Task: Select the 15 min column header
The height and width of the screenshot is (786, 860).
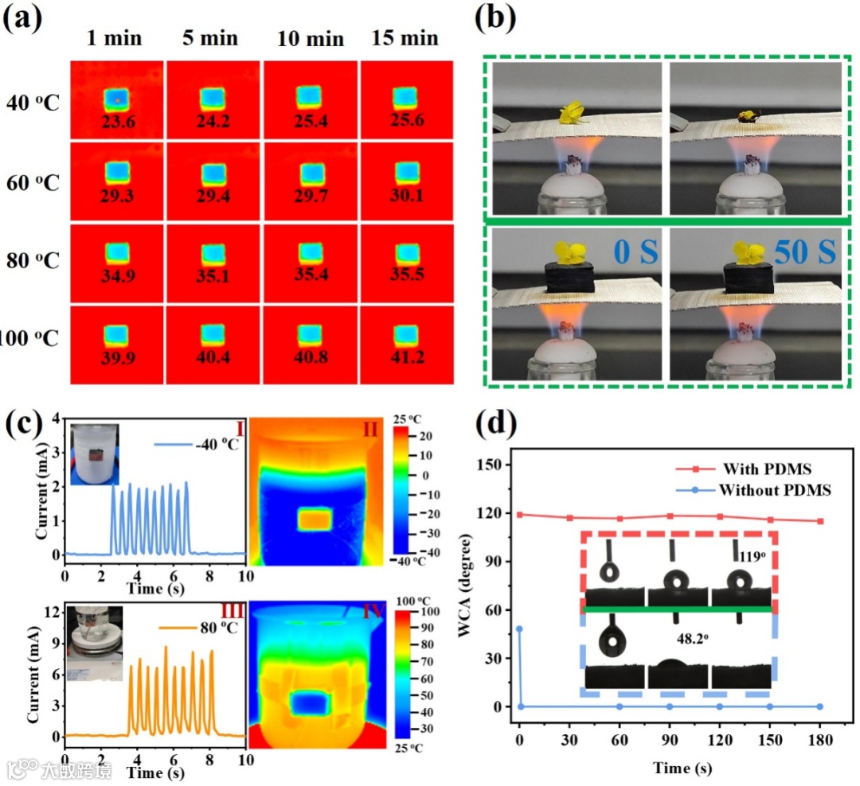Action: (405, 37)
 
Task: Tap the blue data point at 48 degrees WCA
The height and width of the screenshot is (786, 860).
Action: (519, 629)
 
